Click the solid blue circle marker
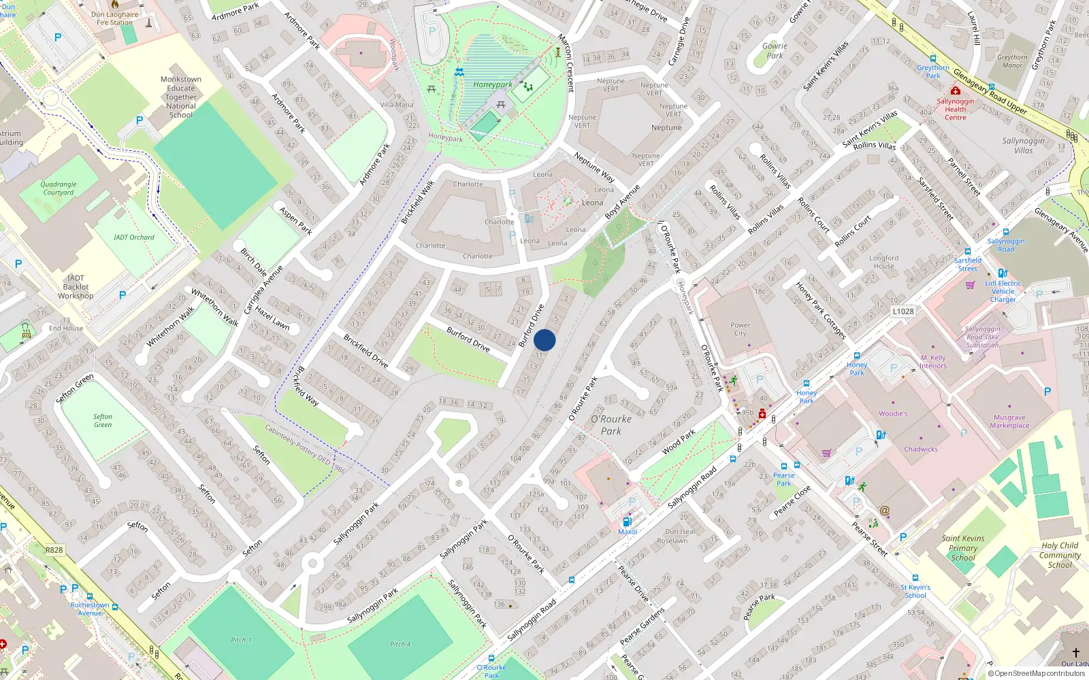[544, 340]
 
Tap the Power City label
[740, 329]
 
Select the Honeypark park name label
[493, 85]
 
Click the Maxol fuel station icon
[627, 522]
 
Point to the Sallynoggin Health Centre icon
[956, 91]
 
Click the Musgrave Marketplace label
[1009, 422]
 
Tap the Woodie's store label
[893, 413]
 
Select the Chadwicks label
[921, 449]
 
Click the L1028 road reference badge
[903, 311]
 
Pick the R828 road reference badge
[54, 550]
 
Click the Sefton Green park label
[103, 421]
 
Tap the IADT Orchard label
[134, 237]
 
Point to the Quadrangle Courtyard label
[59, 188]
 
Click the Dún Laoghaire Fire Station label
[114, 18]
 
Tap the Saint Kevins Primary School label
[963, 548]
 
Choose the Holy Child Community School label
[1060, 555]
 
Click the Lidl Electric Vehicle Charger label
[1003, 291]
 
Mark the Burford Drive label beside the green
[468, 338]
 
